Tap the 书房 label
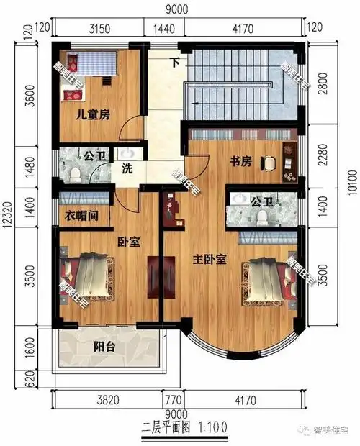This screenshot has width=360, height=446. coord(240,162)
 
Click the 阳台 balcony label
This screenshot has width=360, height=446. coord(106,347)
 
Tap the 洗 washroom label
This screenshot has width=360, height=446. coord(127,170)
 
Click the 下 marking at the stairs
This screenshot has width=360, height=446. coord(175,61)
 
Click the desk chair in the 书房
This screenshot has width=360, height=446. coord(269,164)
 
